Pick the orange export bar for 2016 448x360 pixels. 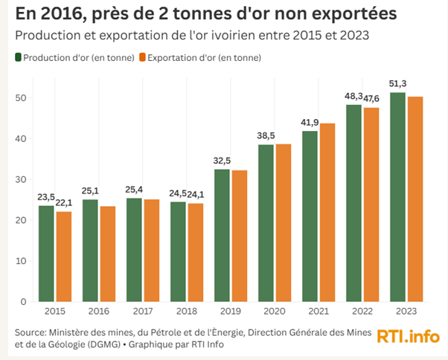click(x=107, y=254)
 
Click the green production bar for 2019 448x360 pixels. click(x=222, y=235)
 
